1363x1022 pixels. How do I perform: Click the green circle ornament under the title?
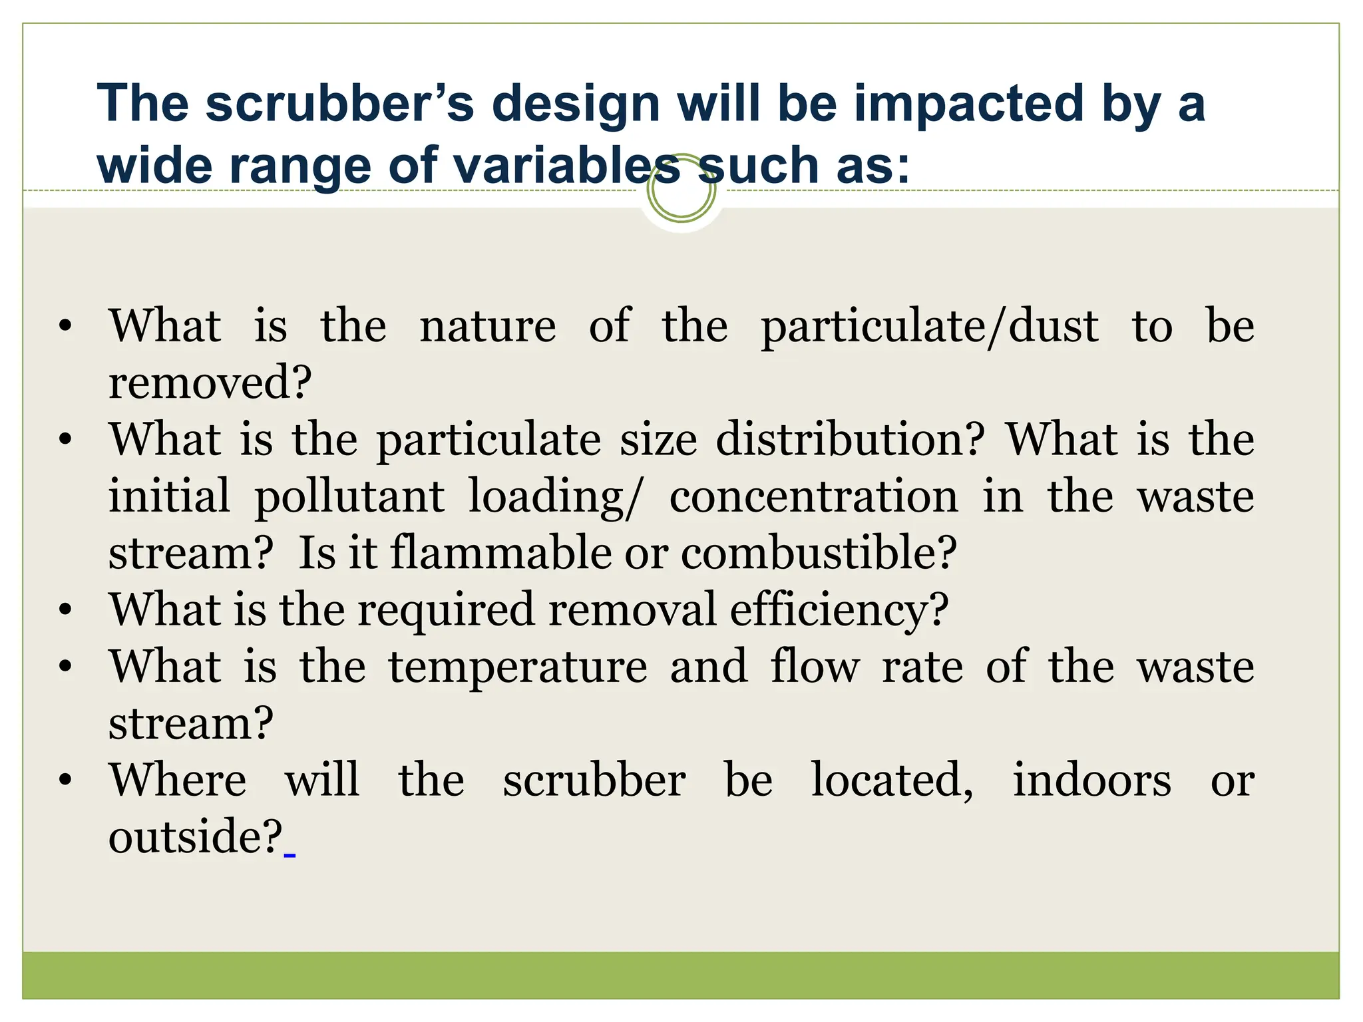[x=681, y=189]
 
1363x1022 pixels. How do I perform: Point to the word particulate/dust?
[x=930, y=327]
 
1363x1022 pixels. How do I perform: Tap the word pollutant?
[x=350, y=497]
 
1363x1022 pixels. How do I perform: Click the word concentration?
[x=814, y=496]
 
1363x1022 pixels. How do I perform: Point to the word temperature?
[x=518, y=667]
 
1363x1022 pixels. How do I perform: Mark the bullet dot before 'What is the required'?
[x=65, y=609]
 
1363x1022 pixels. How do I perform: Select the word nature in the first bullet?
[x=488, y=327]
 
